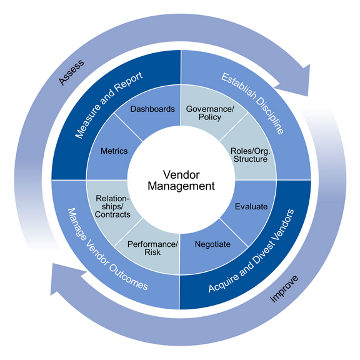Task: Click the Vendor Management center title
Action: pyautogui.click(x=180, y=180)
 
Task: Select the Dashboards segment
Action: pyautogui.click(x=152, y=109)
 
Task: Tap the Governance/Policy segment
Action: pyautogui.click(x=209, y=112)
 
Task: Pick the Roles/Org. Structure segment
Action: pyautogui.click(x=249, y=154)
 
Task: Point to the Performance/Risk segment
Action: pyautogui.click(x=152, y=247)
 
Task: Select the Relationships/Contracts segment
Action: pyautogui.click(x=112, y=206)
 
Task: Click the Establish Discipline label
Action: pyautogui.click(x=252, y=104)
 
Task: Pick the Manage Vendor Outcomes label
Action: pyautogui.click(x=107, y=256)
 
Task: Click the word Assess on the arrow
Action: pyautogui.click(x=71, y=72)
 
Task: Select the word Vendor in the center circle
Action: pyautogui.click(x=180, y=174)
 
